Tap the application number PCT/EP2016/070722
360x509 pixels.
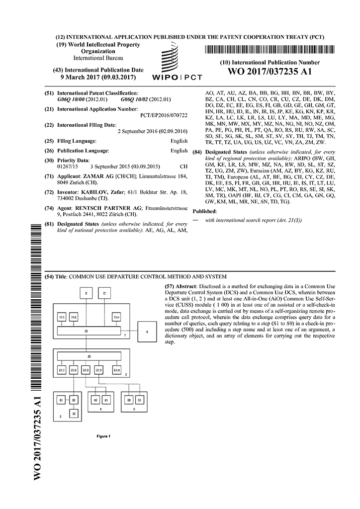(x=165, y=115)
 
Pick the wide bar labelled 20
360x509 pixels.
(x=89, y=356)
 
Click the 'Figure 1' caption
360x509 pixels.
(x=103, y=436)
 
